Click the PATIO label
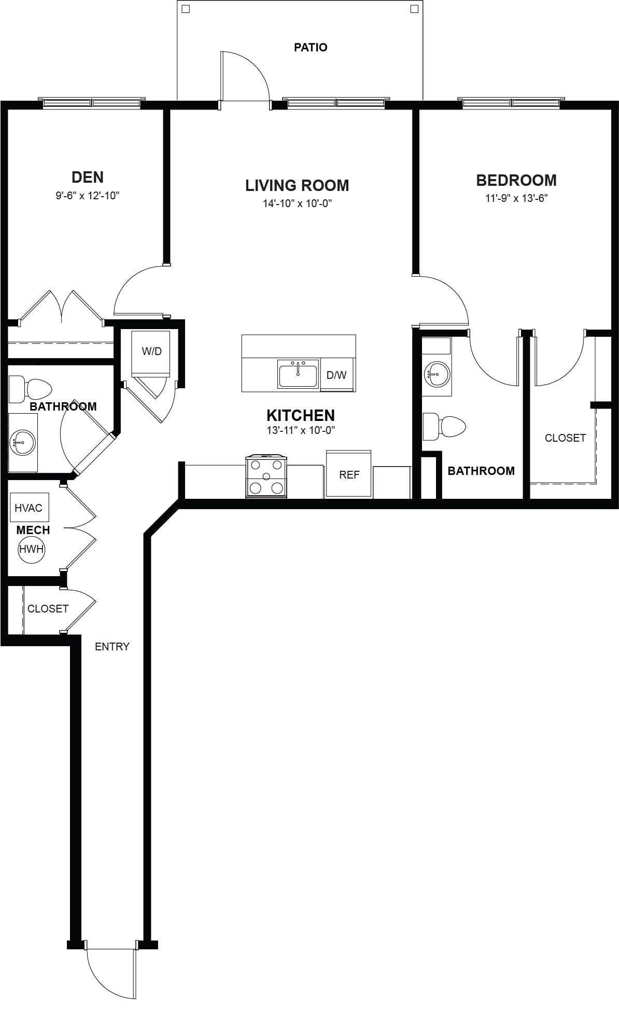point(311,47)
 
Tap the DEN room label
point(88,177)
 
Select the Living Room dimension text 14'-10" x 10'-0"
point(297,203)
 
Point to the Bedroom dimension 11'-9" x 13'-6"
point(516,198)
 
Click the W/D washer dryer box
point(151,353)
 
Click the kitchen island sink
point(298,374)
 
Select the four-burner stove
point(266,476)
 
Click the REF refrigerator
point(349,473)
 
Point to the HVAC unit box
point(29,507)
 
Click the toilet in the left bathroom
point(31,388)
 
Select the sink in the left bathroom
point(22,443)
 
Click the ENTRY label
point(112,646)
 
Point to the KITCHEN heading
point(301,415)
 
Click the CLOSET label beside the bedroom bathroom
point(565,438)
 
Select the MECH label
point(33,530)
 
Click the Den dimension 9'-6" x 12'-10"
point(88,196)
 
